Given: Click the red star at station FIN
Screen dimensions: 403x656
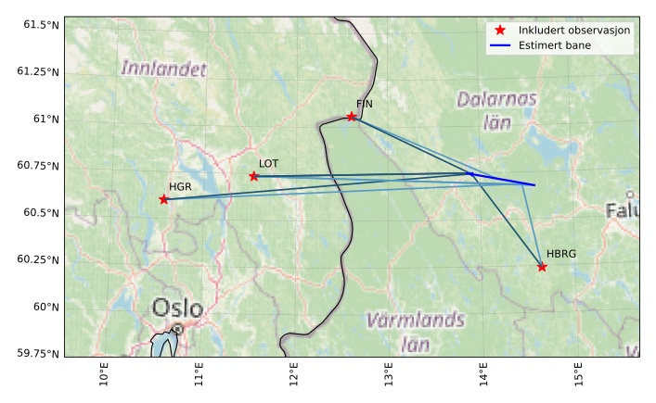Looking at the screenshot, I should [352, 117].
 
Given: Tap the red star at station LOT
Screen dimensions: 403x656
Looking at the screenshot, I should [254, 176].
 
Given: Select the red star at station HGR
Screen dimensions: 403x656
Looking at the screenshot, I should [164, 199].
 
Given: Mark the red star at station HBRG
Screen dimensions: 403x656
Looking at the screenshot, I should [542, 267].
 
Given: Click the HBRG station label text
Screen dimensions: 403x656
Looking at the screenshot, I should [560, 254].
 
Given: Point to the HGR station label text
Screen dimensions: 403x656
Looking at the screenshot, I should [180, 187].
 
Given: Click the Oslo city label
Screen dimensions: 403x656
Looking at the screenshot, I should [177, 309].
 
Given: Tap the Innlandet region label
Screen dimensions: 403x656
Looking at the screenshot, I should [164, 68].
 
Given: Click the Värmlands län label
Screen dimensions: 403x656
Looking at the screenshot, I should [415, 332].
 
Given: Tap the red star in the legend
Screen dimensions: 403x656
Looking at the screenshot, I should [500, 31].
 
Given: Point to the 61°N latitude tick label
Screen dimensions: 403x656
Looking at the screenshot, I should [45, 119].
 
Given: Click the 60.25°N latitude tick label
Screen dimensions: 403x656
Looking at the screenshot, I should [38, 259].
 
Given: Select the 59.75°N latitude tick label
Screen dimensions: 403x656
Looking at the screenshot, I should [38, 353].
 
